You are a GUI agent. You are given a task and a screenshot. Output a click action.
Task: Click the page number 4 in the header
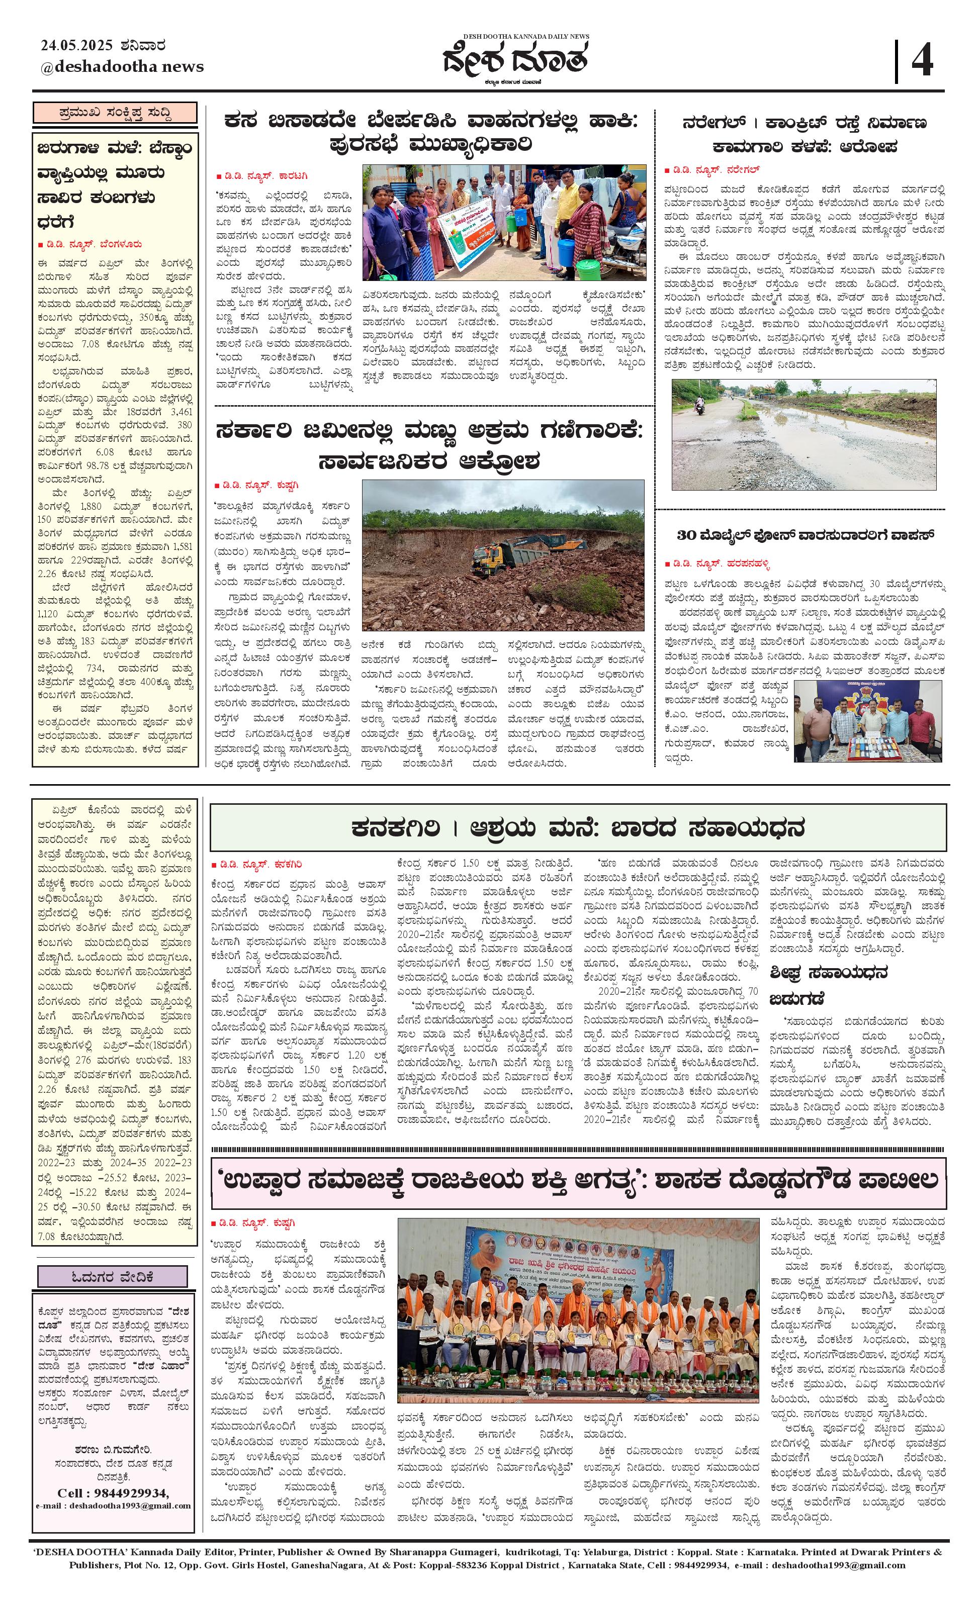point(922,60)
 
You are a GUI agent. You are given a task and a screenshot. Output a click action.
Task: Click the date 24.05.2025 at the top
point(78,46)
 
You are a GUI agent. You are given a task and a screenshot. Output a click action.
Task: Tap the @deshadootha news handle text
point(122,66)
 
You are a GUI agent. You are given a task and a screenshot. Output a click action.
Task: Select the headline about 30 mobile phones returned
point(806,535)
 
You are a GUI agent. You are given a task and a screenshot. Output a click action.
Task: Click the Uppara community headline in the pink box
point(577,1179)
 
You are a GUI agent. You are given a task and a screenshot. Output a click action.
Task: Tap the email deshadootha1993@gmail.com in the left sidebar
point(113,1505)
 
